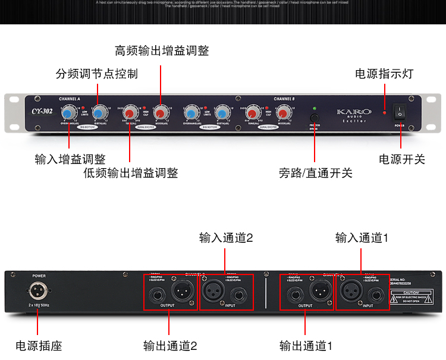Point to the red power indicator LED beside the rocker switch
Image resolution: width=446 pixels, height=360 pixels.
385,112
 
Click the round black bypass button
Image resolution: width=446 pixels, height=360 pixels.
315,118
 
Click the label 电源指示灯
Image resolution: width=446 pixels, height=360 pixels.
384,74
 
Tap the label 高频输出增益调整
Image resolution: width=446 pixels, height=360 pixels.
162,50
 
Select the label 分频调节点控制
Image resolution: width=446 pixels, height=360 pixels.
96,74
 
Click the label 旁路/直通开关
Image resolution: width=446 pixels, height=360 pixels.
315,173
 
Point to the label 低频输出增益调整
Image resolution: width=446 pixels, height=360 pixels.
130,173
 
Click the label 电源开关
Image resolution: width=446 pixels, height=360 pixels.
402,159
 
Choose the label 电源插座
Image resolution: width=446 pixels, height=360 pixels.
39,345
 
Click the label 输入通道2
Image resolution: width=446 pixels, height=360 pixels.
226,238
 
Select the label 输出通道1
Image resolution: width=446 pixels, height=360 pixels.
306,345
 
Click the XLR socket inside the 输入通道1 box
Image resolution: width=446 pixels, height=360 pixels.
351,292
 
